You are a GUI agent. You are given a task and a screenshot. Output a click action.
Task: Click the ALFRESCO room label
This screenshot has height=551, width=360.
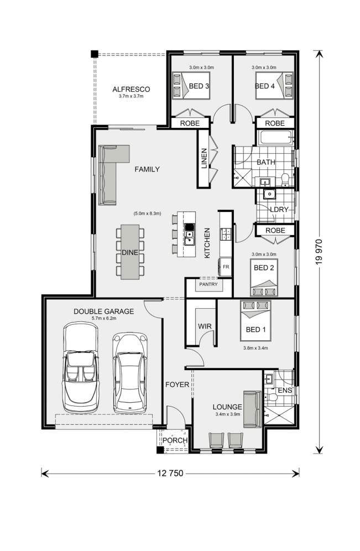[131, 89]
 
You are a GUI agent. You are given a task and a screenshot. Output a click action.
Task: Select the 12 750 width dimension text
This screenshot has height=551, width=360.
[170, 474]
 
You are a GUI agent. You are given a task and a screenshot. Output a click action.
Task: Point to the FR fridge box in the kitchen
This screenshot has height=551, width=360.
[226, 267]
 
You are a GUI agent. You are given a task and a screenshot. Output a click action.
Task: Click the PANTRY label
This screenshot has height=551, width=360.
[208, 284]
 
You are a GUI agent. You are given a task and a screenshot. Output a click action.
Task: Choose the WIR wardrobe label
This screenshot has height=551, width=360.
[205, 326]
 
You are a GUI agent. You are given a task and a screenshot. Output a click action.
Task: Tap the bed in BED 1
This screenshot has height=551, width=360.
[255, 321]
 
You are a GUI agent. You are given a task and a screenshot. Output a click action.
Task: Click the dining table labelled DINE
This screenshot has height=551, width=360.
[130, 252]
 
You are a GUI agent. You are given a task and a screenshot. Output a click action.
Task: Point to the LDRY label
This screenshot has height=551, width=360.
[279, 210]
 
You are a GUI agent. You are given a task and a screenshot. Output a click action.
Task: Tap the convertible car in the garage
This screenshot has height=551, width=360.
[81, 367]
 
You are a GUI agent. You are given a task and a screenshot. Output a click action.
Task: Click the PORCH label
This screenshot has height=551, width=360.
[175, 440]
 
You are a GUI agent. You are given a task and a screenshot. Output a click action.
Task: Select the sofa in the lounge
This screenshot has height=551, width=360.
[253, 409]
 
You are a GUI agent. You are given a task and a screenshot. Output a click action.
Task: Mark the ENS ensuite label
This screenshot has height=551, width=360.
[285, 391]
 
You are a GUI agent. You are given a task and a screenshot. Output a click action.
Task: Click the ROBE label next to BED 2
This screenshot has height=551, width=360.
[275, 231]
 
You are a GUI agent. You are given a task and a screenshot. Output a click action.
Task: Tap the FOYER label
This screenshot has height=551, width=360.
[178, 384]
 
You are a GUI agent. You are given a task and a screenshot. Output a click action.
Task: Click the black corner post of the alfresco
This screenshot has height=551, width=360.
[94, 54]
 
